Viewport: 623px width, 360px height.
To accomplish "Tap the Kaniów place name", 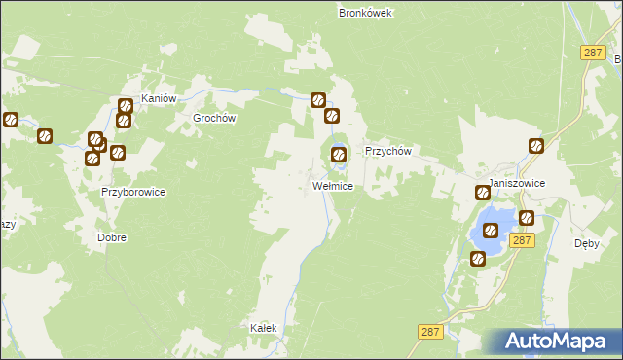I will click(x=158, y=99).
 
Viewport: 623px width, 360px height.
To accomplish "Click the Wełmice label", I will click(x=332, y=185).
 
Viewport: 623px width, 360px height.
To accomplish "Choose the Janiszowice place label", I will click(x=517, y=183).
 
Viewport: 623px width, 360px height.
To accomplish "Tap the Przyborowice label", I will click(x=133, y=193).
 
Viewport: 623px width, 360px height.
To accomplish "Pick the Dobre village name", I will click(x=112, y=237).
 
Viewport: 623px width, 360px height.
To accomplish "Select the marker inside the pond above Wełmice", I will click(x=339, y=153).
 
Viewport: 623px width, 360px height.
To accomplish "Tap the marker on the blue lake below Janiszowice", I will click(x=492, y=231).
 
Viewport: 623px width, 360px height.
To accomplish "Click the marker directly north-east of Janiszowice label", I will click(x=536, y=147).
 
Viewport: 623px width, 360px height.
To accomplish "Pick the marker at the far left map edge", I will click(x=11, y=121).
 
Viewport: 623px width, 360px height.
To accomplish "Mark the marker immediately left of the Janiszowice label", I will click(x=482, y=193).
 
